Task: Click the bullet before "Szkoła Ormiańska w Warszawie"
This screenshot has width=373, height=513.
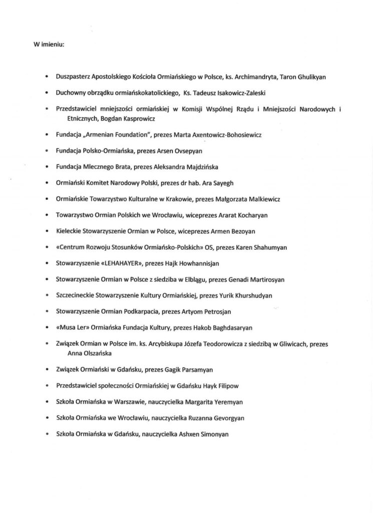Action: pos(46,402)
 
